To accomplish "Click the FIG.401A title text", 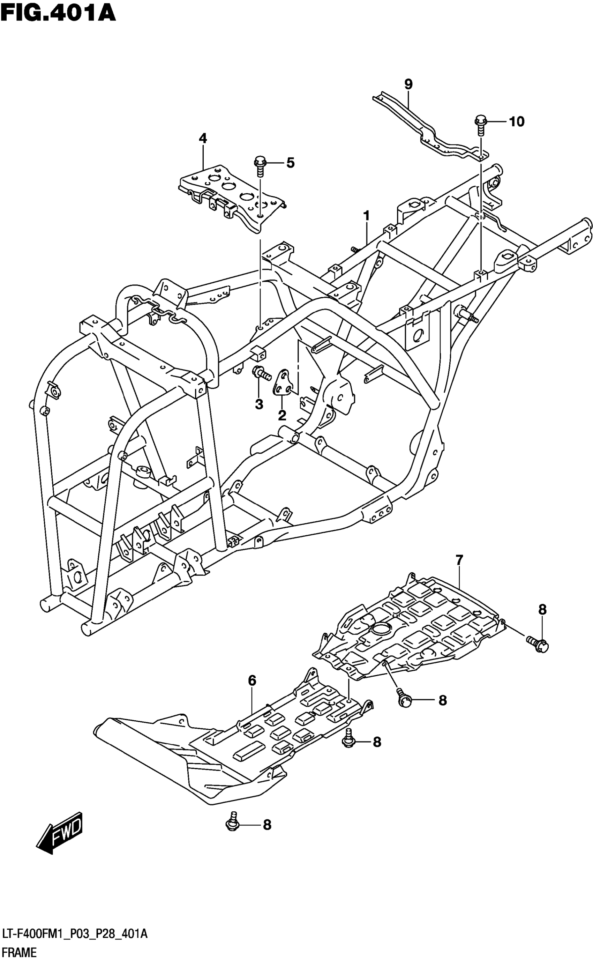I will (58, 13).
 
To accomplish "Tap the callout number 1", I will (366, 215).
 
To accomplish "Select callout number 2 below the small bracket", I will (282, 415).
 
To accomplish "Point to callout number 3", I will (259, 404).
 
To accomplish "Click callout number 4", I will (203, 138).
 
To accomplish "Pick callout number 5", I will (290, 162).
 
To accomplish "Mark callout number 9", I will (408, 84).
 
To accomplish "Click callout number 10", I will (517, 122).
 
